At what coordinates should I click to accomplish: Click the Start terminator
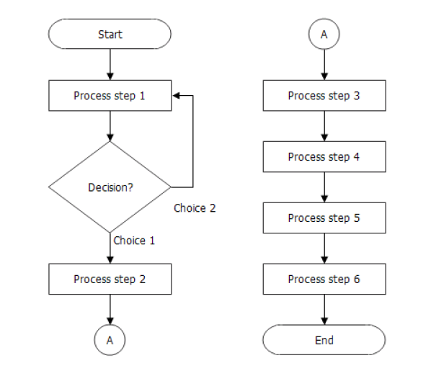tap(110, 34)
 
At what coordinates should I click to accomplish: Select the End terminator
tap(324, 340)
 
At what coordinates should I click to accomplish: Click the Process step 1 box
tap(110, 96)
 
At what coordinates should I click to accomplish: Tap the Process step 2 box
tap(110, 279)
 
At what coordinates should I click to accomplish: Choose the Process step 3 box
tap(324, 96)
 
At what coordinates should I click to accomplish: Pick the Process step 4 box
tap(324, 156)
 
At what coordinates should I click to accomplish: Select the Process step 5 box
tap(324, 218)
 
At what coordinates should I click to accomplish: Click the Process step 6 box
tap(324, 279)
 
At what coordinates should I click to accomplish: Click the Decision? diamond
tap(110, 187)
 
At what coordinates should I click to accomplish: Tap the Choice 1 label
tap(134, 241)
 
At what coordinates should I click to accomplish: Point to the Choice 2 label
tap(195, 208)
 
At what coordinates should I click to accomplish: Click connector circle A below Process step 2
tap(110, 340)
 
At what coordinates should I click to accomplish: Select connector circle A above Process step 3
tap(324, 34)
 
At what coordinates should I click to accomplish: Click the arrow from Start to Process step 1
tap(110, 64)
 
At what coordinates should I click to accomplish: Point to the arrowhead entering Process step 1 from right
tap(177, 96)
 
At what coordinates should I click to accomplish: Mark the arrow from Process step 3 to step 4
tap(324, 125)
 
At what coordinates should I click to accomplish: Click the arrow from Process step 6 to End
tap(324, 309)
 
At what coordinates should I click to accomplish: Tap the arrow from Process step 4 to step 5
tap(324, 187)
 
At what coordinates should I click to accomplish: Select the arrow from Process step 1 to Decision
tap(110, 125)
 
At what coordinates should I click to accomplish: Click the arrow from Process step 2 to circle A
tap(110, 310)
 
